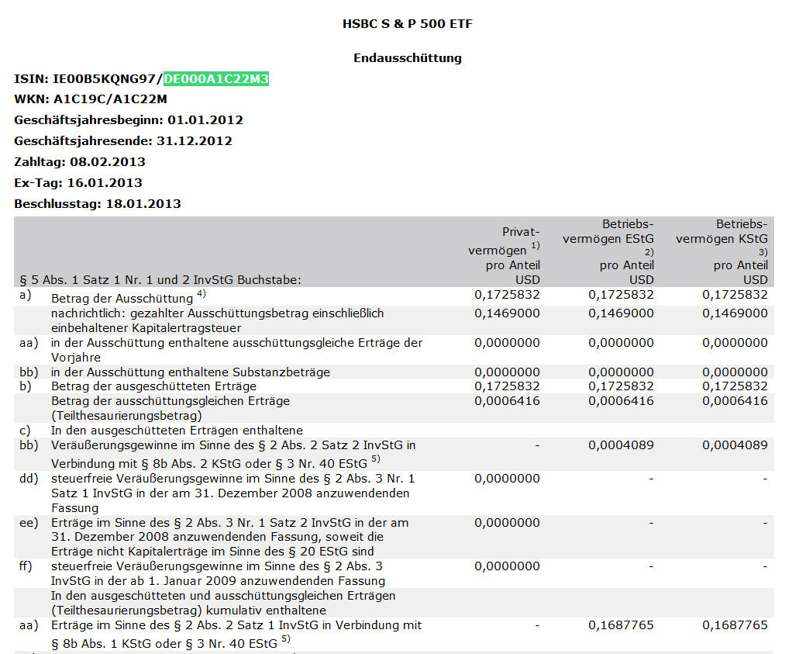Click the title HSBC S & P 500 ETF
tap(407, 24)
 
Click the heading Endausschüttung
tap(407, 58)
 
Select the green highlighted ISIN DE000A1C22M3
tap(216, 79)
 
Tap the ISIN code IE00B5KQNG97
tap(106, 79)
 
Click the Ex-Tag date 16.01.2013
tap(105, 183)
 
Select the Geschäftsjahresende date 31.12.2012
tap(194, 141)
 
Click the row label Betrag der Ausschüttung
tap(122, 299)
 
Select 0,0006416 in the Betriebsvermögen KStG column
tap(735, 401)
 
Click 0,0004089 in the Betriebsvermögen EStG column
tap(621, 445)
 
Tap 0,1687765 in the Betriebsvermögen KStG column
tap(735, 625)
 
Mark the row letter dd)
tap(29, 479)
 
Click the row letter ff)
tap(27, 566)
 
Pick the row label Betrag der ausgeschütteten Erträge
tap(153, 386)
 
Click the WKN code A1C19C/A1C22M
tap(110, 99)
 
